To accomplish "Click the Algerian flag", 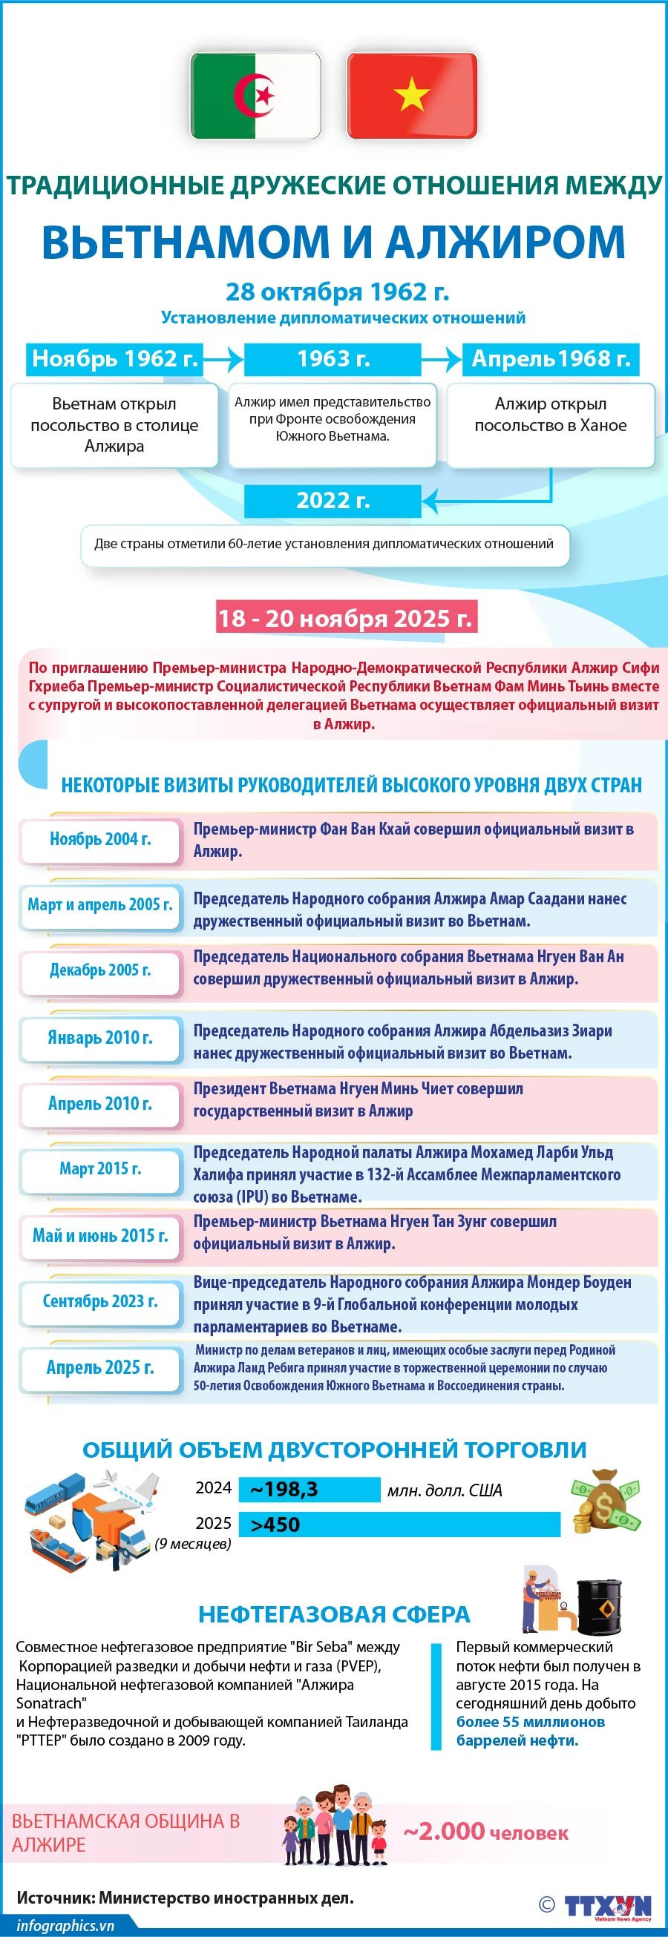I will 255,96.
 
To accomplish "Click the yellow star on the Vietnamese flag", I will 411,95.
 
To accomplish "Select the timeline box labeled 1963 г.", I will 333,358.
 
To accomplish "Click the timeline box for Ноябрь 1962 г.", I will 114,358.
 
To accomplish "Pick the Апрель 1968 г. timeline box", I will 551,358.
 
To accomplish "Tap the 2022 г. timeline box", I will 333,501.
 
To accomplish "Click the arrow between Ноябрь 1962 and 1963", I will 223,359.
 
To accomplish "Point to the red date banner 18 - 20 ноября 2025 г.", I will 346,617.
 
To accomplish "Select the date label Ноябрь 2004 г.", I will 101,839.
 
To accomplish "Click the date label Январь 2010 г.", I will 101,1038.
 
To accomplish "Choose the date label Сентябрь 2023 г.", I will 101,1302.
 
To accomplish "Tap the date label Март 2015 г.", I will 101,1168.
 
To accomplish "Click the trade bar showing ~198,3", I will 310,1489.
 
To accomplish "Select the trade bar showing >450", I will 399,1525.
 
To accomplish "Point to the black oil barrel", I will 600,1605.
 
